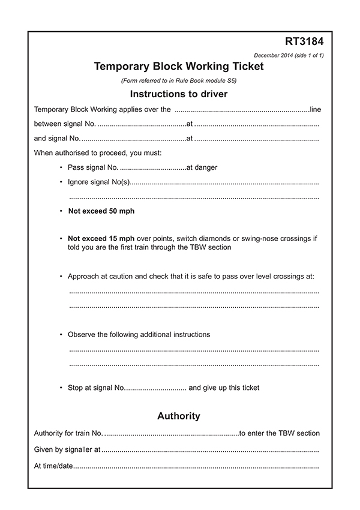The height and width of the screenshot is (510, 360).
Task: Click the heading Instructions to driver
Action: (x=179, y=94)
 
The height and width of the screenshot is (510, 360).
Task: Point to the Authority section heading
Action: (x=179, y=416)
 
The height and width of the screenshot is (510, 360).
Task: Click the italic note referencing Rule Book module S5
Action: (x=179, y=80)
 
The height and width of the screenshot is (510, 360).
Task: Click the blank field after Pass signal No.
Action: (x=153, y=168)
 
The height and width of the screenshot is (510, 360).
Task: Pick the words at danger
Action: (x=202, y=167)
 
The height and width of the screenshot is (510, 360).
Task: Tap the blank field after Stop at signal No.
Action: (x=155, y=388)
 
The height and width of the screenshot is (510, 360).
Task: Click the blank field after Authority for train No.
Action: (x=172, y=434)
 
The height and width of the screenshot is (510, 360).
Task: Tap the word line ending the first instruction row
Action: (x=315, y=110)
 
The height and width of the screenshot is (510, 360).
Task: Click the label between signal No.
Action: (x=65, y=124)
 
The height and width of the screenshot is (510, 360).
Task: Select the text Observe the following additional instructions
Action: (x=139, y=334)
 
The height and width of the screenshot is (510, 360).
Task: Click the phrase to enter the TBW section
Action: (x=280, y=433)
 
